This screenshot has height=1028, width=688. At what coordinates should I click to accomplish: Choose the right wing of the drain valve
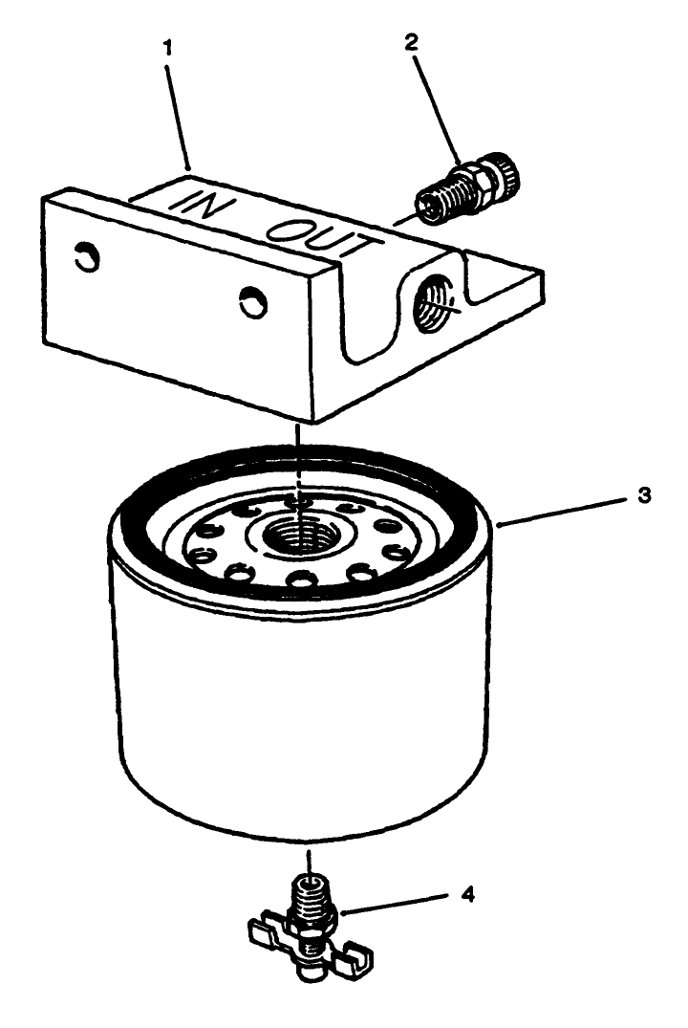point(355,952)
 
